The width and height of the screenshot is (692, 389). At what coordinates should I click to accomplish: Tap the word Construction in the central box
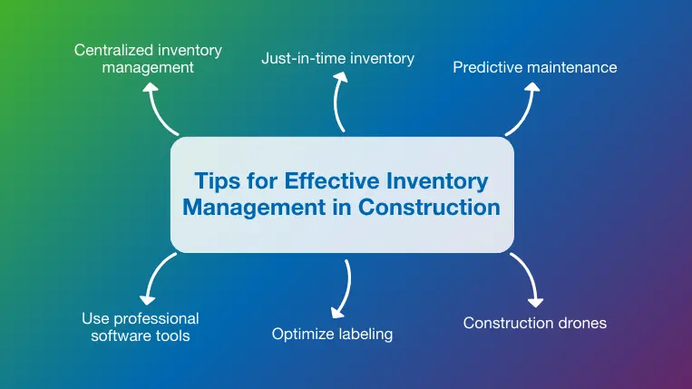429,207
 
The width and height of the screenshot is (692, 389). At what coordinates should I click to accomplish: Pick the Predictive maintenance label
535,67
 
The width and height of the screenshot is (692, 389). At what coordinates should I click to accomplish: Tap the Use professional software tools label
140,327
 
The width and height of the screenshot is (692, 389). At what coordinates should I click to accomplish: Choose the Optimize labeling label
332,334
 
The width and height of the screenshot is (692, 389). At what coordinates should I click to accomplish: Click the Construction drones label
534,322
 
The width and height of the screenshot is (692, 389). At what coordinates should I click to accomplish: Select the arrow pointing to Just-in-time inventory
339,102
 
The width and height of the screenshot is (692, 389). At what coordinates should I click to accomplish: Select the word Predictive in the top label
488,67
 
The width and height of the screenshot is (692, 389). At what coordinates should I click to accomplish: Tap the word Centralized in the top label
112,49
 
